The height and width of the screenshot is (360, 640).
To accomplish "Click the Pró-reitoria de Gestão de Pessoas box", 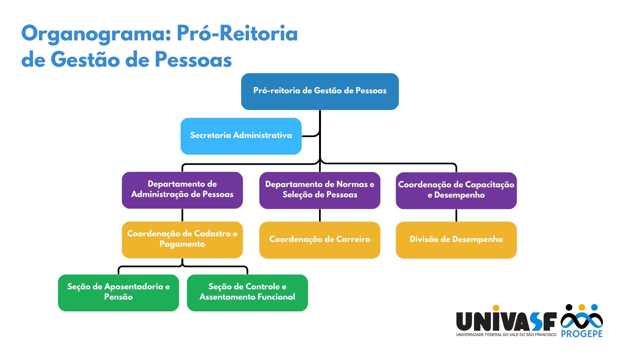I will [x=320, y=91].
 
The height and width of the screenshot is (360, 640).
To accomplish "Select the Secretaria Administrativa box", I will [x=241, y=136].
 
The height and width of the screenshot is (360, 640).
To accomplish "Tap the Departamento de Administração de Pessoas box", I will [x=182, y=190].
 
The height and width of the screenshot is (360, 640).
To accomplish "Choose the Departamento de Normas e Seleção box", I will [x=320, y=190].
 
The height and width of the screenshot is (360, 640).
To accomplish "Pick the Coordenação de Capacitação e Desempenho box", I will [x=456, y=190].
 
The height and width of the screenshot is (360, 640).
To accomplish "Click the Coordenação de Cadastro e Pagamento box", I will [x=182, y=240].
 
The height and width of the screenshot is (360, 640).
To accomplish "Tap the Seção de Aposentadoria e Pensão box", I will [x=118, y=293].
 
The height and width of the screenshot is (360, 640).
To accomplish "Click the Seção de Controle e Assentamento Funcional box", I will [x=247, y=293].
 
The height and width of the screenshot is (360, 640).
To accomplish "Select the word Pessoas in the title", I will [x=193, y=60].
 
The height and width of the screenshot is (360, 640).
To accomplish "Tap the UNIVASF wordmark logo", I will [x=506, y=321].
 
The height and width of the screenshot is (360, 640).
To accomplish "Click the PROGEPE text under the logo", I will [x=582, y=334].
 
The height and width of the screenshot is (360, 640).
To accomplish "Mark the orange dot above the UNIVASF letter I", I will [x=496, y=308].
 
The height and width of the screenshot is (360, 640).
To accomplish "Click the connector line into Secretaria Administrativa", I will [x=310, y=136].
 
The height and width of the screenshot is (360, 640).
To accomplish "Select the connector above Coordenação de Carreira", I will [x=320, y=215].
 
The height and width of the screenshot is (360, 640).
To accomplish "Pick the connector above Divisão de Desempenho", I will [x=456, y=215].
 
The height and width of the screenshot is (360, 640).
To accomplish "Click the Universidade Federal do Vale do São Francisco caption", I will [x=506, y=335].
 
